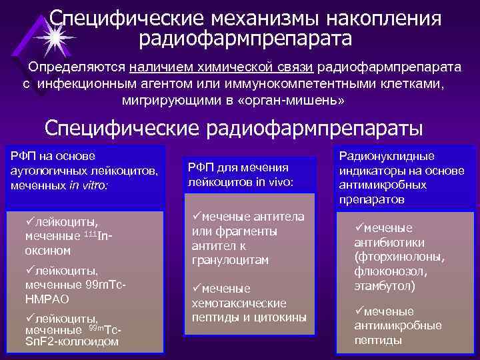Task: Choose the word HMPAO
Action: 43,299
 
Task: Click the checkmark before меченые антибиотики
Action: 359,227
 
